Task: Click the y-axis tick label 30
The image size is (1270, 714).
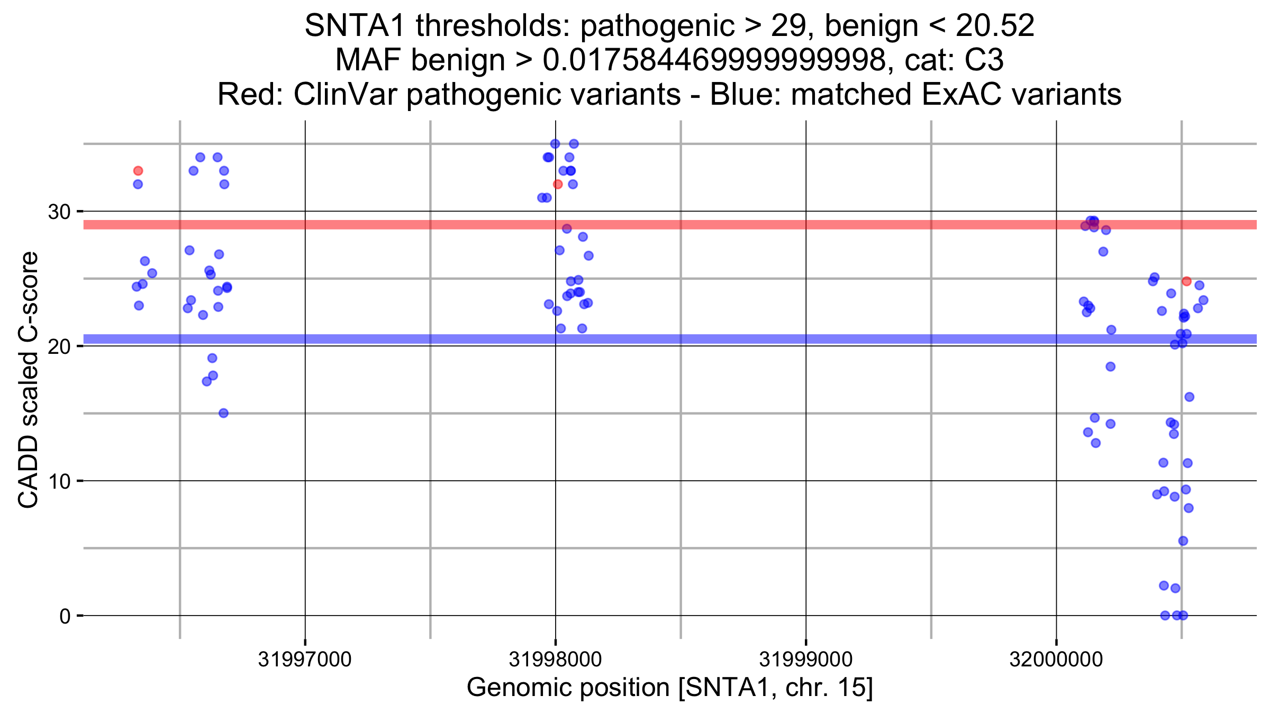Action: tap(59, 212)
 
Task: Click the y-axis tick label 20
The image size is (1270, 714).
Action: tap(59, 346)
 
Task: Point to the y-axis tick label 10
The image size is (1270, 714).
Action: tap(59, 481)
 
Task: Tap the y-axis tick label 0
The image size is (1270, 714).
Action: tap(65, 616)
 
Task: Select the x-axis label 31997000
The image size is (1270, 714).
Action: tap(305, 660)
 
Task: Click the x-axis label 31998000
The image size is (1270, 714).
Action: tap(555, 660)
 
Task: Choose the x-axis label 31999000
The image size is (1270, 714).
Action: tap(806, 660)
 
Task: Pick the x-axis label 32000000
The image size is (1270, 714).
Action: tap(1056, 660)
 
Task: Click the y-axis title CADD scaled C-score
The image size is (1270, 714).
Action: tap(29, 380)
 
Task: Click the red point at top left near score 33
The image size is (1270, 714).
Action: tap(138, 171)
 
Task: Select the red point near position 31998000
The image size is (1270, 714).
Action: tap(558, 184)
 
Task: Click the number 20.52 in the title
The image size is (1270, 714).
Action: tap(995, 25)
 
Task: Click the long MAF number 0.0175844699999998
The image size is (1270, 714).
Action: tap(714, 60)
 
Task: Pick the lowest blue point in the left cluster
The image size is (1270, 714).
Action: tap(224, 413)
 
